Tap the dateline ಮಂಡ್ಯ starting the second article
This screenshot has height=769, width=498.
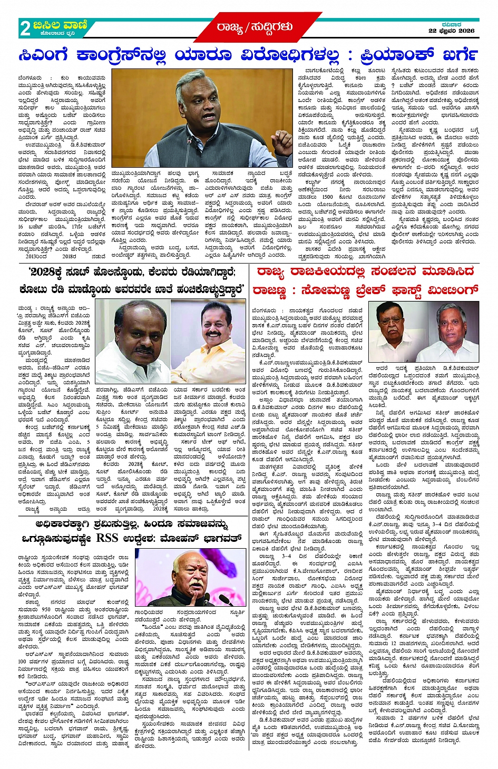pyautogui.click(x=26, y=308)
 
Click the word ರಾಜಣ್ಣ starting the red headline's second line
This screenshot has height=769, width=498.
pyautogui.click(x=269, y=290)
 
